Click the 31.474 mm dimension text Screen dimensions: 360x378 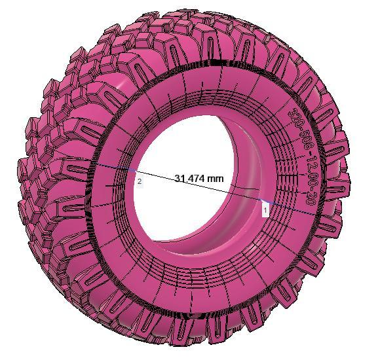click(198, 178)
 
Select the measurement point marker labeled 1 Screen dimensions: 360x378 click(265, 210)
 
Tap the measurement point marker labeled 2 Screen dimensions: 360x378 click(139, 181)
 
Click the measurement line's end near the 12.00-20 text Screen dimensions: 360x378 click(314, 212)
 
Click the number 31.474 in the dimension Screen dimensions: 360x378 click(190, 178)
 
